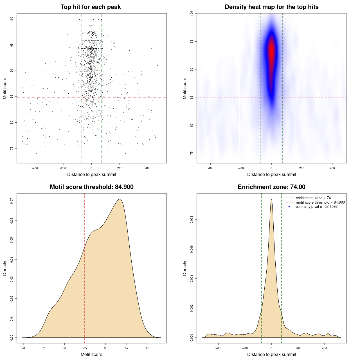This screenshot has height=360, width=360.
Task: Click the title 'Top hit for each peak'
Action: point(91,7)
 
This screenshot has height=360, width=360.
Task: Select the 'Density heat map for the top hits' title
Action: point(271,7)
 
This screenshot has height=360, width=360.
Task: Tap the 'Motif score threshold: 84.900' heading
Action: point(91,187)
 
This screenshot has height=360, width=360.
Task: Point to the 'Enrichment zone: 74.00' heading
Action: point(271,187)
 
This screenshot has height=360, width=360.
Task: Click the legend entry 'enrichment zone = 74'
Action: point(313,198)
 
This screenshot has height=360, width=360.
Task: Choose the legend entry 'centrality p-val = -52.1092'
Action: point(316,207)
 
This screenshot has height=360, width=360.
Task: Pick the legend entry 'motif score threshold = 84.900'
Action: point(320,202)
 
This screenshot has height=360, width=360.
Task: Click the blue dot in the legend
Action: point(289,207)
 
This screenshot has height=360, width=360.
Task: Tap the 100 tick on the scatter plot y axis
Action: point(12,19)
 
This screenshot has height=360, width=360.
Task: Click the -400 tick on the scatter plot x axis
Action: point(35,168)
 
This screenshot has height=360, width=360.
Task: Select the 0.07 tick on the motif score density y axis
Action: point(12,201)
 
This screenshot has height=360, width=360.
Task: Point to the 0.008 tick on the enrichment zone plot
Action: point(192,220)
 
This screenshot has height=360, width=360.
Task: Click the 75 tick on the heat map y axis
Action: point(192,153)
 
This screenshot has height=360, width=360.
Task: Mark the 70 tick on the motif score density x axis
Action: point(23,348)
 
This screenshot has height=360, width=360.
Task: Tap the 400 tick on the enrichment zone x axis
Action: point(325,348)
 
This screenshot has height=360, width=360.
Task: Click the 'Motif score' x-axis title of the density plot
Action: point(91,355)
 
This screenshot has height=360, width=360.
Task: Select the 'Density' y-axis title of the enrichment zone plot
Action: point(185,268)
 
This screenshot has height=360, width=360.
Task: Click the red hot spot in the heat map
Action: point(271,51)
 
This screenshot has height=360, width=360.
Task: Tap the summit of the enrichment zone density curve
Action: point(271,199)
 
